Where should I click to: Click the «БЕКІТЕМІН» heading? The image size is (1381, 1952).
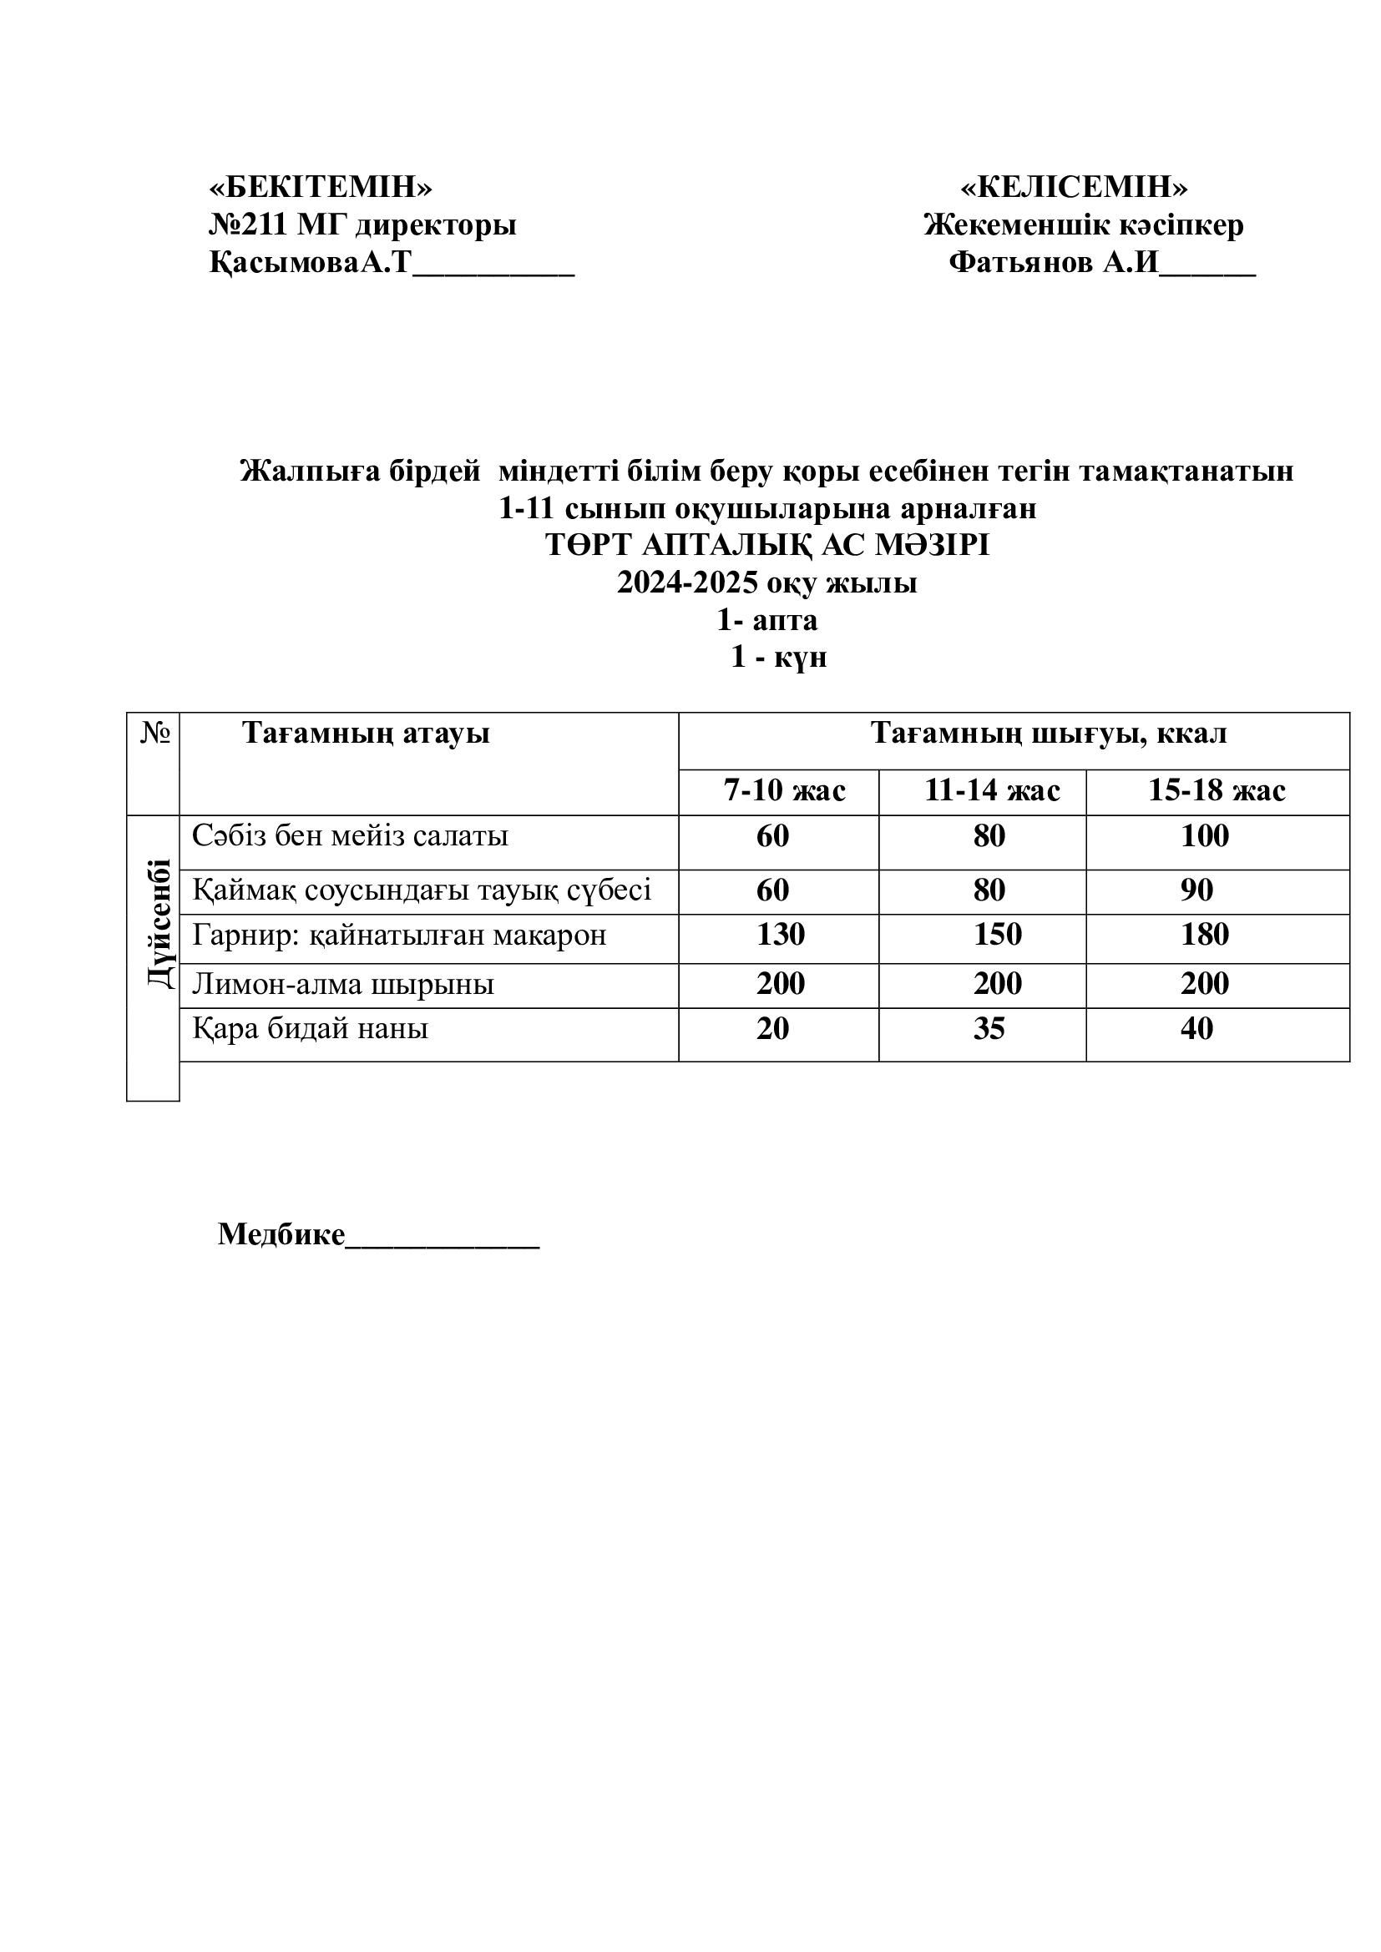(321, 186)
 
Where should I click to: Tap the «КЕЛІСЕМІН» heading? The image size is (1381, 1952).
(1074, 186)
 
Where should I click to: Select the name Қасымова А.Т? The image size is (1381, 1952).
(310, 263)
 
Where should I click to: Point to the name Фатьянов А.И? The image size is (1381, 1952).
(1054, 263)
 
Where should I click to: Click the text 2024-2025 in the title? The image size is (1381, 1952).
(687, 583)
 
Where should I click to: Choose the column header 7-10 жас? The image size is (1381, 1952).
(784, 790)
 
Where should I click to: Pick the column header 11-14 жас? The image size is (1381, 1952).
(992, 790)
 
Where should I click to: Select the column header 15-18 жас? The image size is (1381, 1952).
(1216, 790)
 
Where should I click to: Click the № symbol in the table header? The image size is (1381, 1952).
(154, 733)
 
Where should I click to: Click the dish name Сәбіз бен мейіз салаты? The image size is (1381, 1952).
(351, 835)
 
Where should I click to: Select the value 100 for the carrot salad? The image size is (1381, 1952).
(1204, 835)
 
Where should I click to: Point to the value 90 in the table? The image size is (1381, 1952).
(1196, 890)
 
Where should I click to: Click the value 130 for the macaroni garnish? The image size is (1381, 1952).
(781, 935)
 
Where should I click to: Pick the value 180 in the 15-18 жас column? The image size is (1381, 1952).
(1204, 935)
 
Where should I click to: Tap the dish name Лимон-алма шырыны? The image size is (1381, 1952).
(342, 984)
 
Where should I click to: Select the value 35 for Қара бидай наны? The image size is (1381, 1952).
(989, 1029)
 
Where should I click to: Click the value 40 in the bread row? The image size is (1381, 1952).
(1196, 1029)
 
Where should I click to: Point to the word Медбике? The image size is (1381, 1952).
(281, 1233)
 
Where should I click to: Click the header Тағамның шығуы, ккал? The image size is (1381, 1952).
(1049, 733)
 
